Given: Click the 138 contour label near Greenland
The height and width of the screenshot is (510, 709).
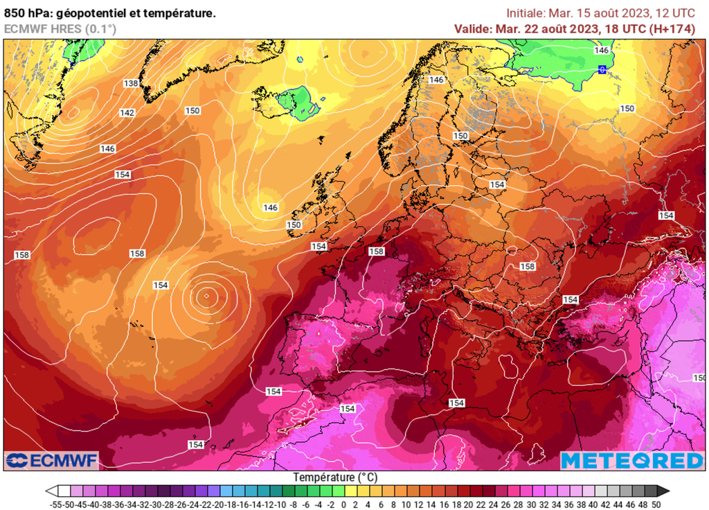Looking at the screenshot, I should [x=131, y=83].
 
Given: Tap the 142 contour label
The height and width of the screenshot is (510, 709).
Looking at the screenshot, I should [x=127, y=112].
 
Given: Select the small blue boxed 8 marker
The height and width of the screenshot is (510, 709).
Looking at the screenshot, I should [x=602, y=69].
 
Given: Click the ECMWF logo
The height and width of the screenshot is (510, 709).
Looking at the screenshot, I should [x=52, y=460].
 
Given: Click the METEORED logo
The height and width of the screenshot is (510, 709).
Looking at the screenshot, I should [x=631, y=460].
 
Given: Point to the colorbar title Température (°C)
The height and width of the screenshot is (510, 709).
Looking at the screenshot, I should [x=335, y=478].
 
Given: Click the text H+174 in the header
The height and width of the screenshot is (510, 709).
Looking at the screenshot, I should [x=674, y=28].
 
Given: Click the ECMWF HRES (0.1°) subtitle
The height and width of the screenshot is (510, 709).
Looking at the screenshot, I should [x=60, y=28].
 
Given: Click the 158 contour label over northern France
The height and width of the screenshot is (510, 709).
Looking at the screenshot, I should [x=377, y=251].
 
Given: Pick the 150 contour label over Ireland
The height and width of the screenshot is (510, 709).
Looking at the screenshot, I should [x=294, y=225].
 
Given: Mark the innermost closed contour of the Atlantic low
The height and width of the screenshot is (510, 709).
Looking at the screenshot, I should [x=206, y=297].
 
